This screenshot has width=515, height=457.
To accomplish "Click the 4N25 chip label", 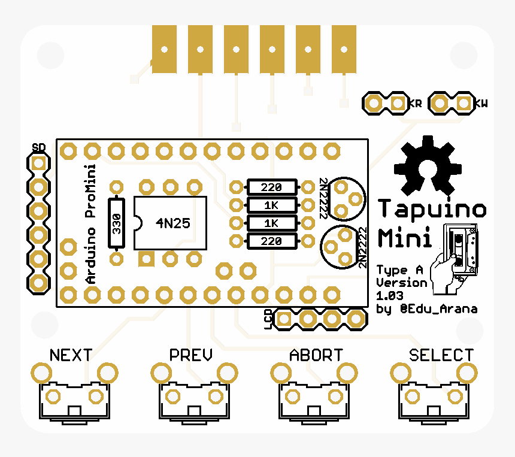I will pos(173,223).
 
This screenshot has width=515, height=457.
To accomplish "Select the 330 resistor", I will pos(116,222).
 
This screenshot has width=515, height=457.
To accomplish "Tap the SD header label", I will pos(39,147).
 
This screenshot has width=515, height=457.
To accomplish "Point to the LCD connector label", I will pos(268,319).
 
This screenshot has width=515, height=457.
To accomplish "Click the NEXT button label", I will pos(71,355).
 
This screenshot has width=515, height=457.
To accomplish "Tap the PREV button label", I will pos(190,355).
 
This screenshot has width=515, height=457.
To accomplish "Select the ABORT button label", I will pos(316,355).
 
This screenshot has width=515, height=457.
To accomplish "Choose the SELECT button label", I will pos(441,355).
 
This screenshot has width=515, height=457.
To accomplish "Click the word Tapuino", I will pos(432,209).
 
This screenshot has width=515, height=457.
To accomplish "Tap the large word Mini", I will pos(405,237).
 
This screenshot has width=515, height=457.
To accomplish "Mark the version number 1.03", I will pos(389,296).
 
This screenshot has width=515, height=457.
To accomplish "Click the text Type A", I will pos(400,270).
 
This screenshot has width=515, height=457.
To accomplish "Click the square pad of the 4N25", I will pos(146,259).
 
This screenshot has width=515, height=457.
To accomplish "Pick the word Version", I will pos(401,283).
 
